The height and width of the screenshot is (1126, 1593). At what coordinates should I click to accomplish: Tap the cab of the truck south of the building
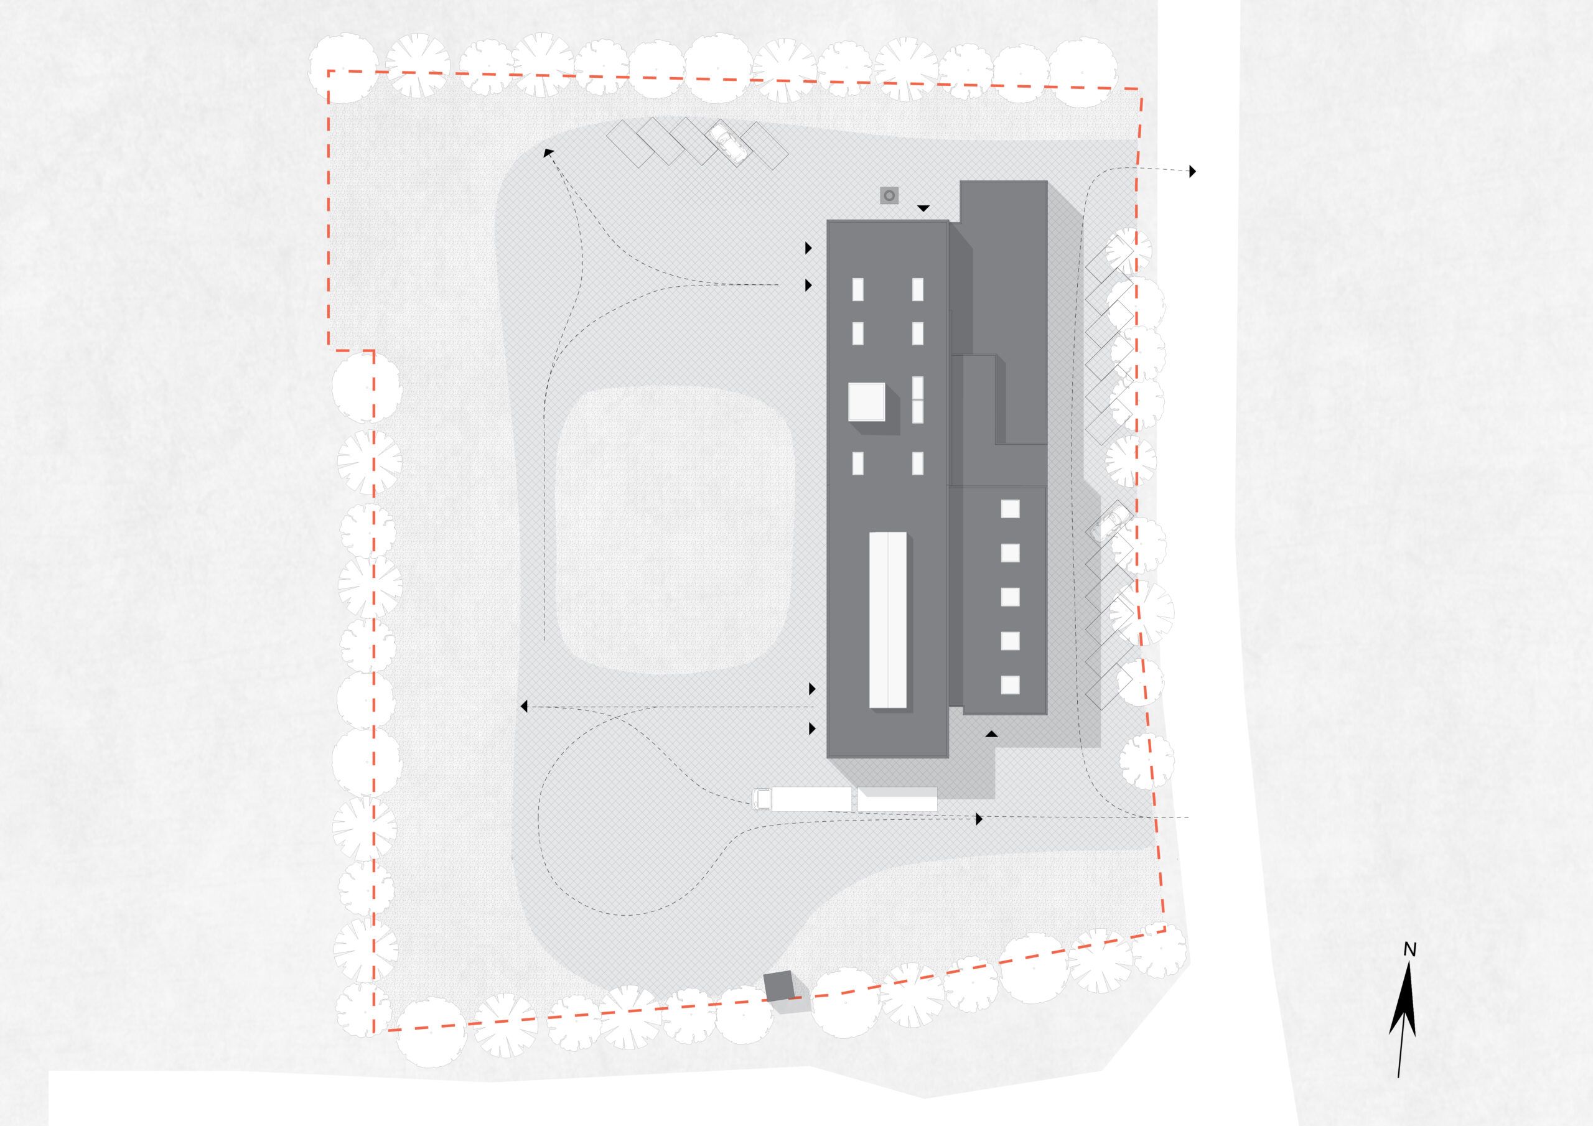pyautogui.click(x=762, y=799)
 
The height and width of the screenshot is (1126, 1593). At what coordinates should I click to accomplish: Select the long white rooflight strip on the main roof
pyautogui.click(x=888, y=620)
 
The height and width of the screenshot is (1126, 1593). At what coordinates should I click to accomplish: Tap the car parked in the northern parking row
pyautogui.click(x=726, y=142)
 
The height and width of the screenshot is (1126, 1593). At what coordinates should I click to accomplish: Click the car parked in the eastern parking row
pyautogui.click(x=1108, y=523)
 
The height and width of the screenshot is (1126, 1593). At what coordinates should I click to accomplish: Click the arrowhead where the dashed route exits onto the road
pyautogui.click(x=1193, y=170)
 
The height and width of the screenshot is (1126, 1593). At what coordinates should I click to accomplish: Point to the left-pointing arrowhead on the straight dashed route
pyautogui.click(x=525, y=706)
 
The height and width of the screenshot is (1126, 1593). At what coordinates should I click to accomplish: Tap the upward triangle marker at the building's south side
pyautogui.click(x=992, y=733)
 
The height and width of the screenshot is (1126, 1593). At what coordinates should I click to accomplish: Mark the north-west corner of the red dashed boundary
pyautogui.click(x=328, y=71)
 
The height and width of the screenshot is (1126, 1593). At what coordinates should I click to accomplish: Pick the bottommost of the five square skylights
pyautogui.click(x=1010, y=685)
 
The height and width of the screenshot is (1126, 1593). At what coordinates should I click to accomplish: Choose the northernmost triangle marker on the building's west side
pyautogui.click(x=808, y=248)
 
